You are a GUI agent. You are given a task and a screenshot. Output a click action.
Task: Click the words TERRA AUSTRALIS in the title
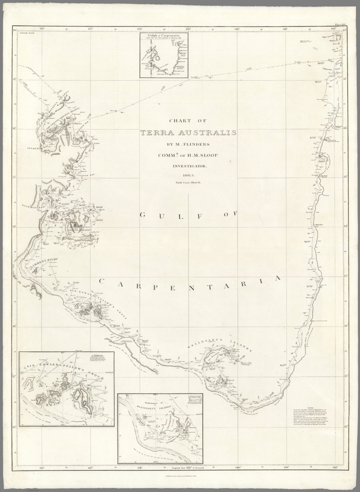188,133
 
